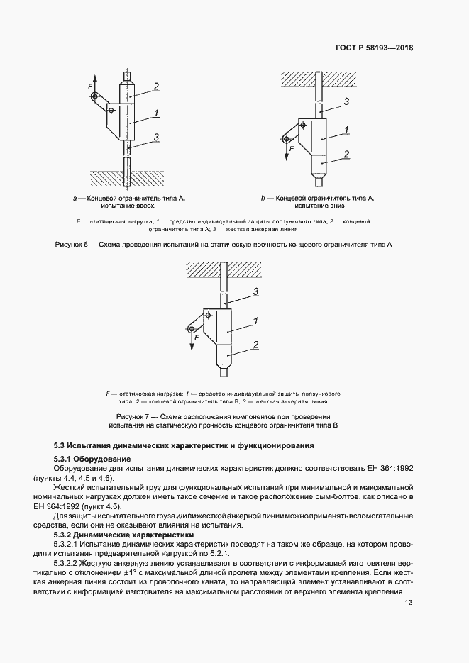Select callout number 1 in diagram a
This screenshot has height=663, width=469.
155,112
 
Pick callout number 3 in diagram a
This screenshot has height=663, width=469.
155,137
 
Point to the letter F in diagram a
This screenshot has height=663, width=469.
90,86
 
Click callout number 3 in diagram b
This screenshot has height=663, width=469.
347,102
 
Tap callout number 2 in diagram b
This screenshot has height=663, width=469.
346,154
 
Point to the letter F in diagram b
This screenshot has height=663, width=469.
291,150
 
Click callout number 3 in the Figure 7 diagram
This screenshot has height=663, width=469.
255,291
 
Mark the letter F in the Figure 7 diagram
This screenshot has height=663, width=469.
192,338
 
